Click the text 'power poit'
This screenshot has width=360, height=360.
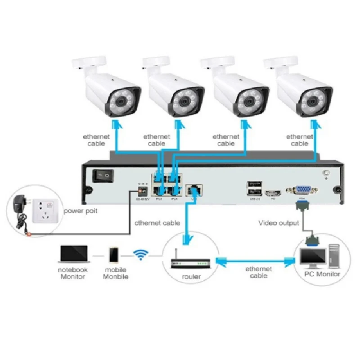pyautogui.click(x=81, y=211)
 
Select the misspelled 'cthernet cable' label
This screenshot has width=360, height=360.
pyautogui.click(x=157, y=223)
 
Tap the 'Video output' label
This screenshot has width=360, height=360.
pyautogui.click(x=279, y=223)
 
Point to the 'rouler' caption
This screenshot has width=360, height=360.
pyautogui.click(x=192, y=276)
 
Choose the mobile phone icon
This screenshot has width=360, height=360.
pyautogui.click(x=113, y=256)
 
